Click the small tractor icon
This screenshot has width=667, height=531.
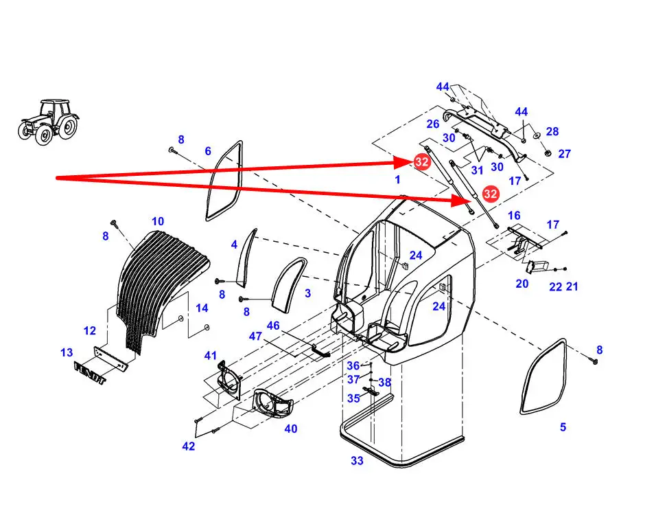coord(48,122)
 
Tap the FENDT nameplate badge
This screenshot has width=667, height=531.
coord(90,375)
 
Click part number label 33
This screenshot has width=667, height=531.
coord(357,461)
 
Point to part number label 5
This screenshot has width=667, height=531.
coord(563,427)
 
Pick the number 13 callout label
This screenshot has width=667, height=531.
coord(67,352)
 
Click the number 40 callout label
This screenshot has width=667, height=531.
coord(291,429)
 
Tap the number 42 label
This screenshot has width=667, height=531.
coord(189,447)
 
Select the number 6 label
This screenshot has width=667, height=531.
coord(208,151)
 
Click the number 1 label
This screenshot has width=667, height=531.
coord(397,179)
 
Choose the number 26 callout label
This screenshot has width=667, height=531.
coord(432,124)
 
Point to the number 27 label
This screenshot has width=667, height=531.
coord(564,154)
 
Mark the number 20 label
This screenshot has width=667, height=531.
coord(522,284)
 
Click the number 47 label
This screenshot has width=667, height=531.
coord(255,336)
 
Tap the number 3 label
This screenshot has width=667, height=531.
coord(307,293)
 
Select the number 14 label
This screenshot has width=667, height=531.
coord(202,308)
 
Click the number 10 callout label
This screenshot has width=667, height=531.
coord(158,221)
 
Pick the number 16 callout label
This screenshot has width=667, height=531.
coord(514,216)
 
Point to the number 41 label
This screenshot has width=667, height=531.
coord(210,356)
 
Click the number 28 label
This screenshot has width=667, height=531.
coord(552,132)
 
